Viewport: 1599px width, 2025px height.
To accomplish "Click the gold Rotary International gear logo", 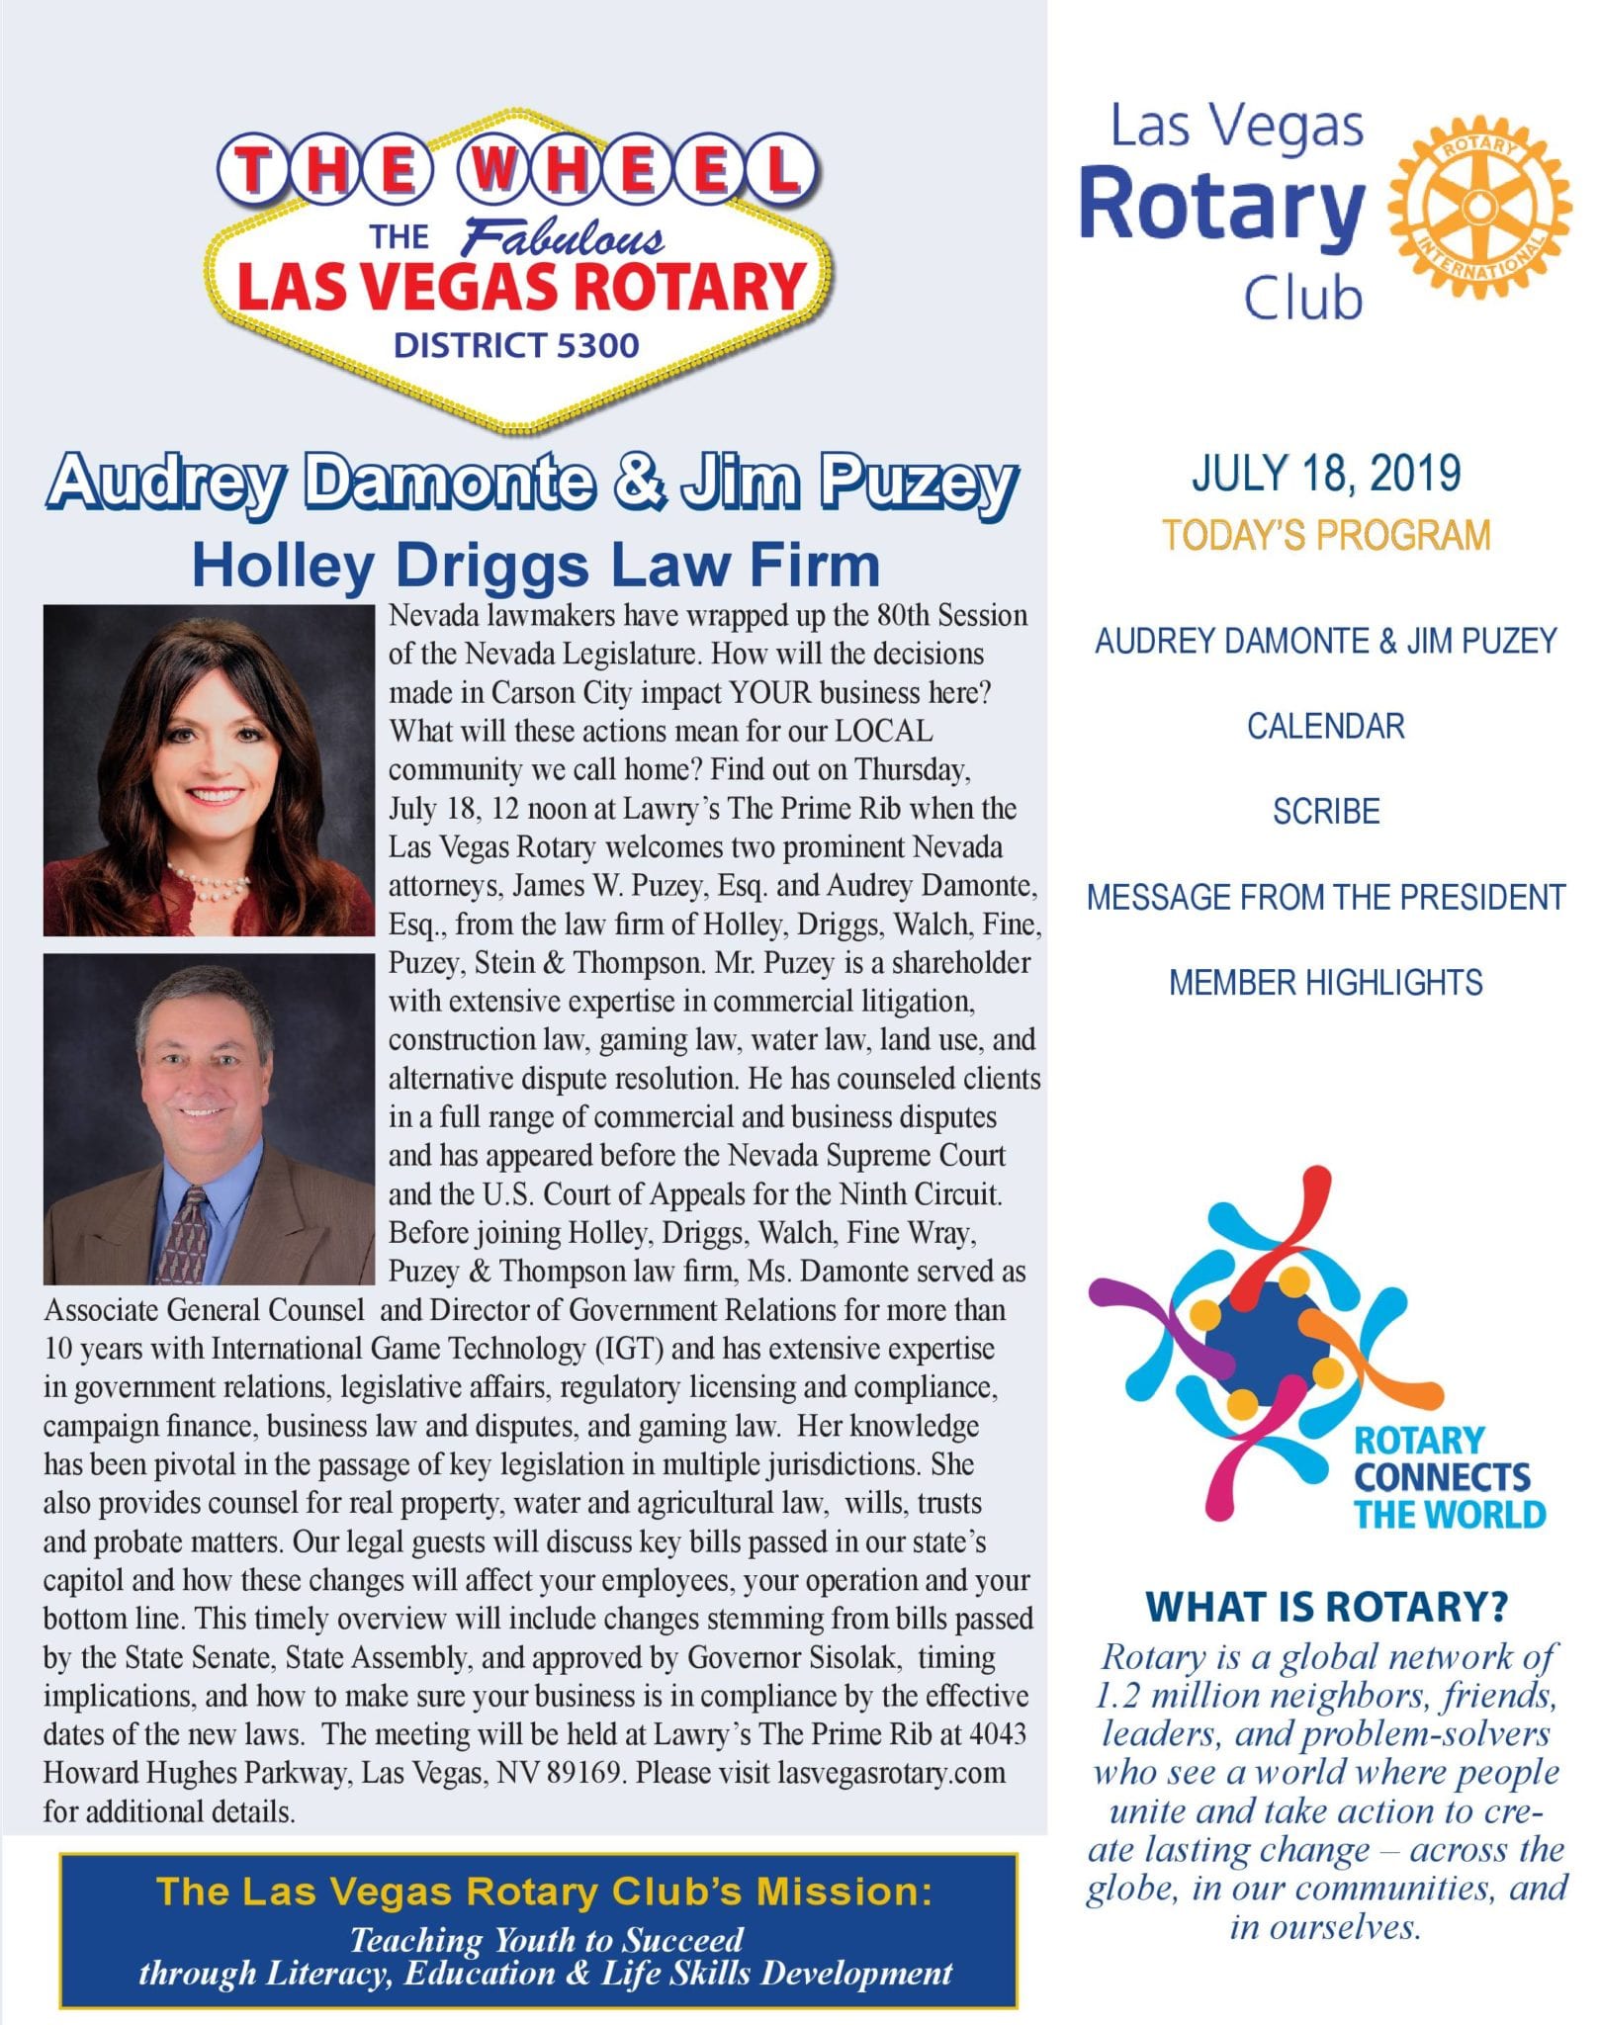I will click(x=1477, y=208).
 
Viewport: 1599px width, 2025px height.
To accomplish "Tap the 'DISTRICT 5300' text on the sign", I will click(x=516, y=345).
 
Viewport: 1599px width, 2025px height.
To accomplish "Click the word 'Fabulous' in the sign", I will click(x=565, y=237).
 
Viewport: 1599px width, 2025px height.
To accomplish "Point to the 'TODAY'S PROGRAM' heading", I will click(x=1325, y=535).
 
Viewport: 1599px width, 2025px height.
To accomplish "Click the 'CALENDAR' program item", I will click(x=1325, y=726).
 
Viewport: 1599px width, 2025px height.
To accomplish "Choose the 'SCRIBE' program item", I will click(x=1325, y=812).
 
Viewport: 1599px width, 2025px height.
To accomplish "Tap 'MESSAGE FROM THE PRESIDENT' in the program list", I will click(x=1325, y=897).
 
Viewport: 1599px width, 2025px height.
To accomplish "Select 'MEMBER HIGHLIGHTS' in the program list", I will click(x=1325, y=983).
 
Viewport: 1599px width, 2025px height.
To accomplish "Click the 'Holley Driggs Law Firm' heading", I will click(x=535, y=566).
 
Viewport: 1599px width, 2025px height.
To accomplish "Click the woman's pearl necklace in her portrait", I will click(x=209, y=880).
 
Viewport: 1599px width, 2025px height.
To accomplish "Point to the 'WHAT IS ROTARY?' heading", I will click(x=1325, y=1607).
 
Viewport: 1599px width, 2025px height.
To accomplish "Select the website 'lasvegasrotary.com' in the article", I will click(x=891, y=1773).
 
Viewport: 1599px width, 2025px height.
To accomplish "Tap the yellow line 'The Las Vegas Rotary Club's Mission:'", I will click(x=544, y=1891).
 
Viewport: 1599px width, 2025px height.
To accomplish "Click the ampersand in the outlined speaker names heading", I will click(x=639, y=482).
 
